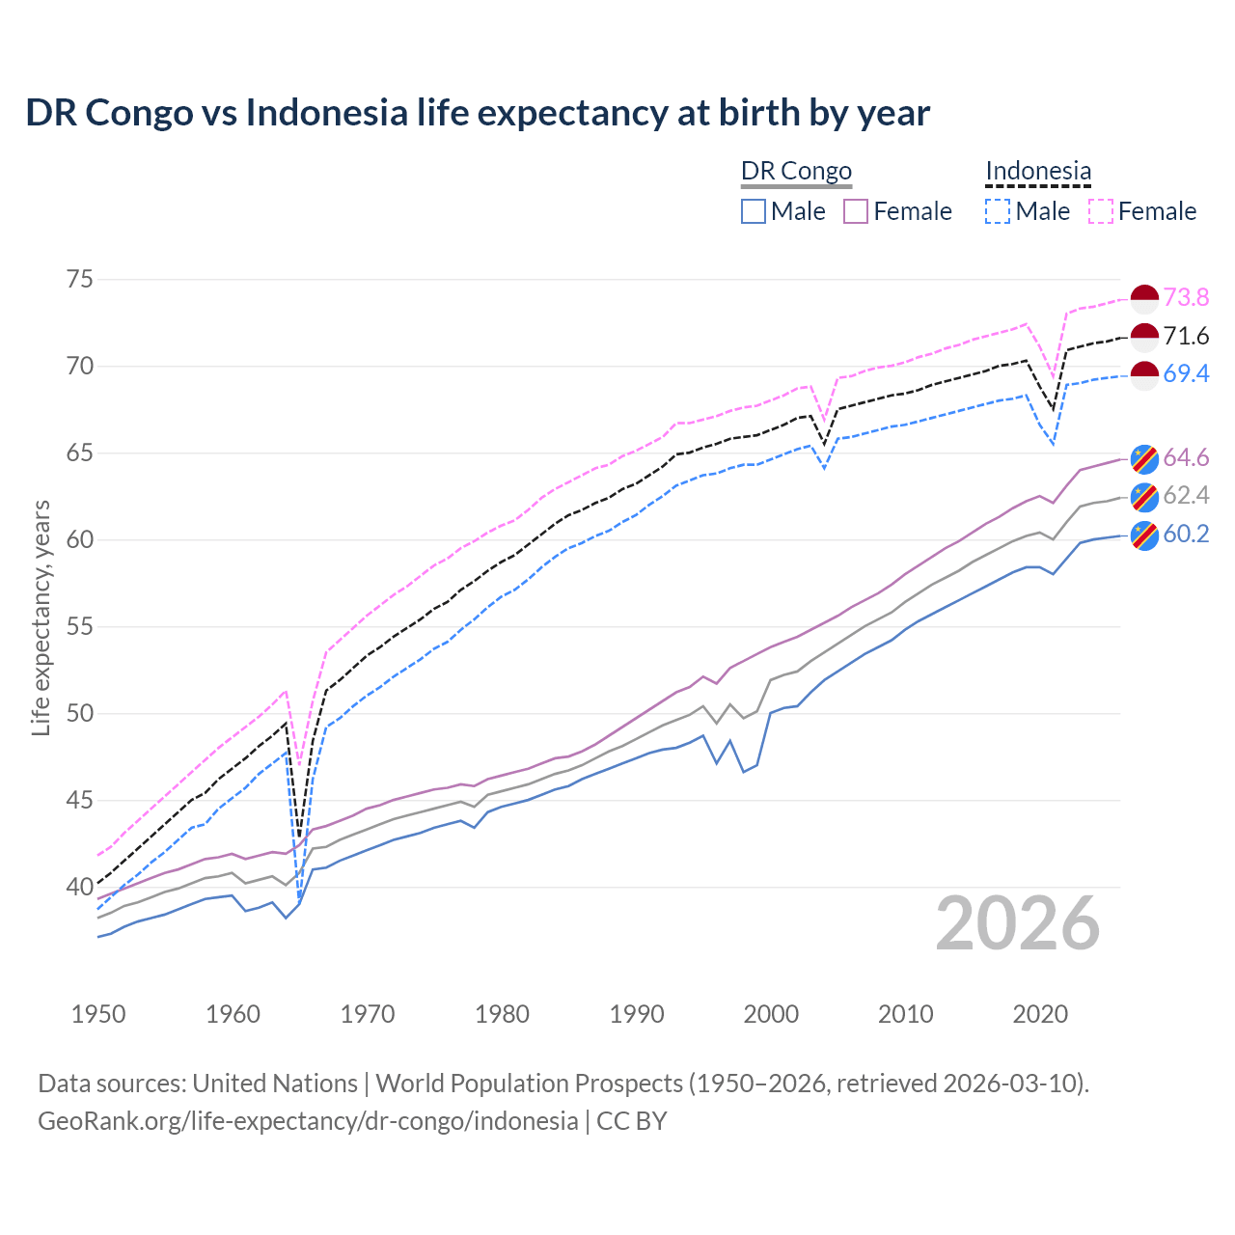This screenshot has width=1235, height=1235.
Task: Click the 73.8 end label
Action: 1186,298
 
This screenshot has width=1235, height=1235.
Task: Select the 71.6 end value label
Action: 1186,337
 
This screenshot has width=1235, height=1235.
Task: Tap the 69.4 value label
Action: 1186,374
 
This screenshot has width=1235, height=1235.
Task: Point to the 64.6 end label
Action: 1186,458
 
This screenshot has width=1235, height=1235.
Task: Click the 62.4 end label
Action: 1186,496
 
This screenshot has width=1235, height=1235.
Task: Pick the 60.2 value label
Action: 1186,535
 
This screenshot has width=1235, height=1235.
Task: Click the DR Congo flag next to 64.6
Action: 1144,458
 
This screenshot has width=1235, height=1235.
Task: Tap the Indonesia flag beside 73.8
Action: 1144,299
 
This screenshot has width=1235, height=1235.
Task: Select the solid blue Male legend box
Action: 754,211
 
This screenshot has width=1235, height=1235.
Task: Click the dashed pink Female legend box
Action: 1101,211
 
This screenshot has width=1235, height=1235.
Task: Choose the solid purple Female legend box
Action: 856,211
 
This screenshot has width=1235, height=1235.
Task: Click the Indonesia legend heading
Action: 1038,172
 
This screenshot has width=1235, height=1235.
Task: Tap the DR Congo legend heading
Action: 796,172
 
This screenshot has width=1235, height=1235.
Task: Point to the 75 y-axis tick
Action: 80,280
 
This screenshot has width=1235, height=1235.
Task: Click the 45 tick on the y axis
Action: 80,801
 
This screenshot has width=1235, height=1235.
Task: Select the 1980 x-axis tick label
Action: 502,1014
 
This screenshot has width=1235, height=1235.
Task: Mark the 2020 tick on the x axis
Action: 1040,1014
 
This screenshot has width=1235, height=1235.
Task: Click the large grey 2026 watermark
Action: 1018,923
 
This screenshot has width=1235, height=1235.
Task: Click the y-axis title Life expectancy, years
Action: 41,617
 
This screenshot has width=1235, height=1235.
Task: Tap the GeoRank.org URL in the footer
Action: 308,1121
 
